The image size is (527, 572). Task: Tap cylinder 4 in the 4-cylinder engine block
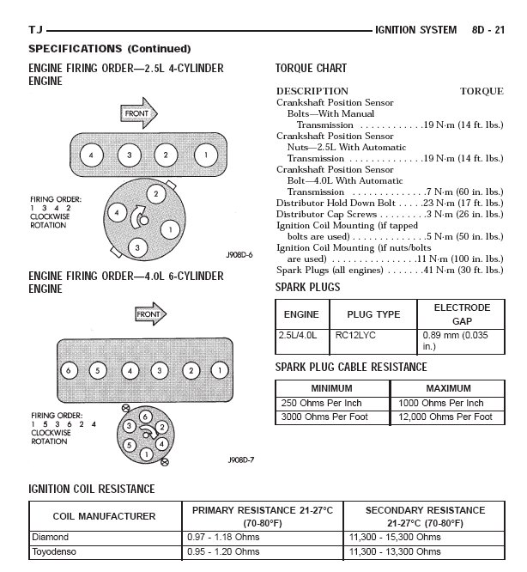tap(89, 155)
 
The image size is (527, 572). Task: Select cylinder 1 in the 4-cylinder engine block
tap(205, 155)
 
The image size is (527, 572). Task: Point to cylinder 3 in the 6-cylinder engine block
tap(159, 370)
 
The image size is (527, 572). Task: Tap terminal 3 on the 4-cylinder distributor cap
tap(136, 247)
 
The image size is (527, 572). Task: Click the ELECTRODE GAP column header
tap(462, 313)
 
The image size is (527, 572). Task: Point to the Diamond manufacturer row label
tap(50, 537)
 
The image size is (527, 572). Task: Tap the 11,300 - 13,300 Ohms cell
tap(396, 551)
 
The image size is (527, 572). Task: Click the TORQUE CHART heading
tap(311, 68)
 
